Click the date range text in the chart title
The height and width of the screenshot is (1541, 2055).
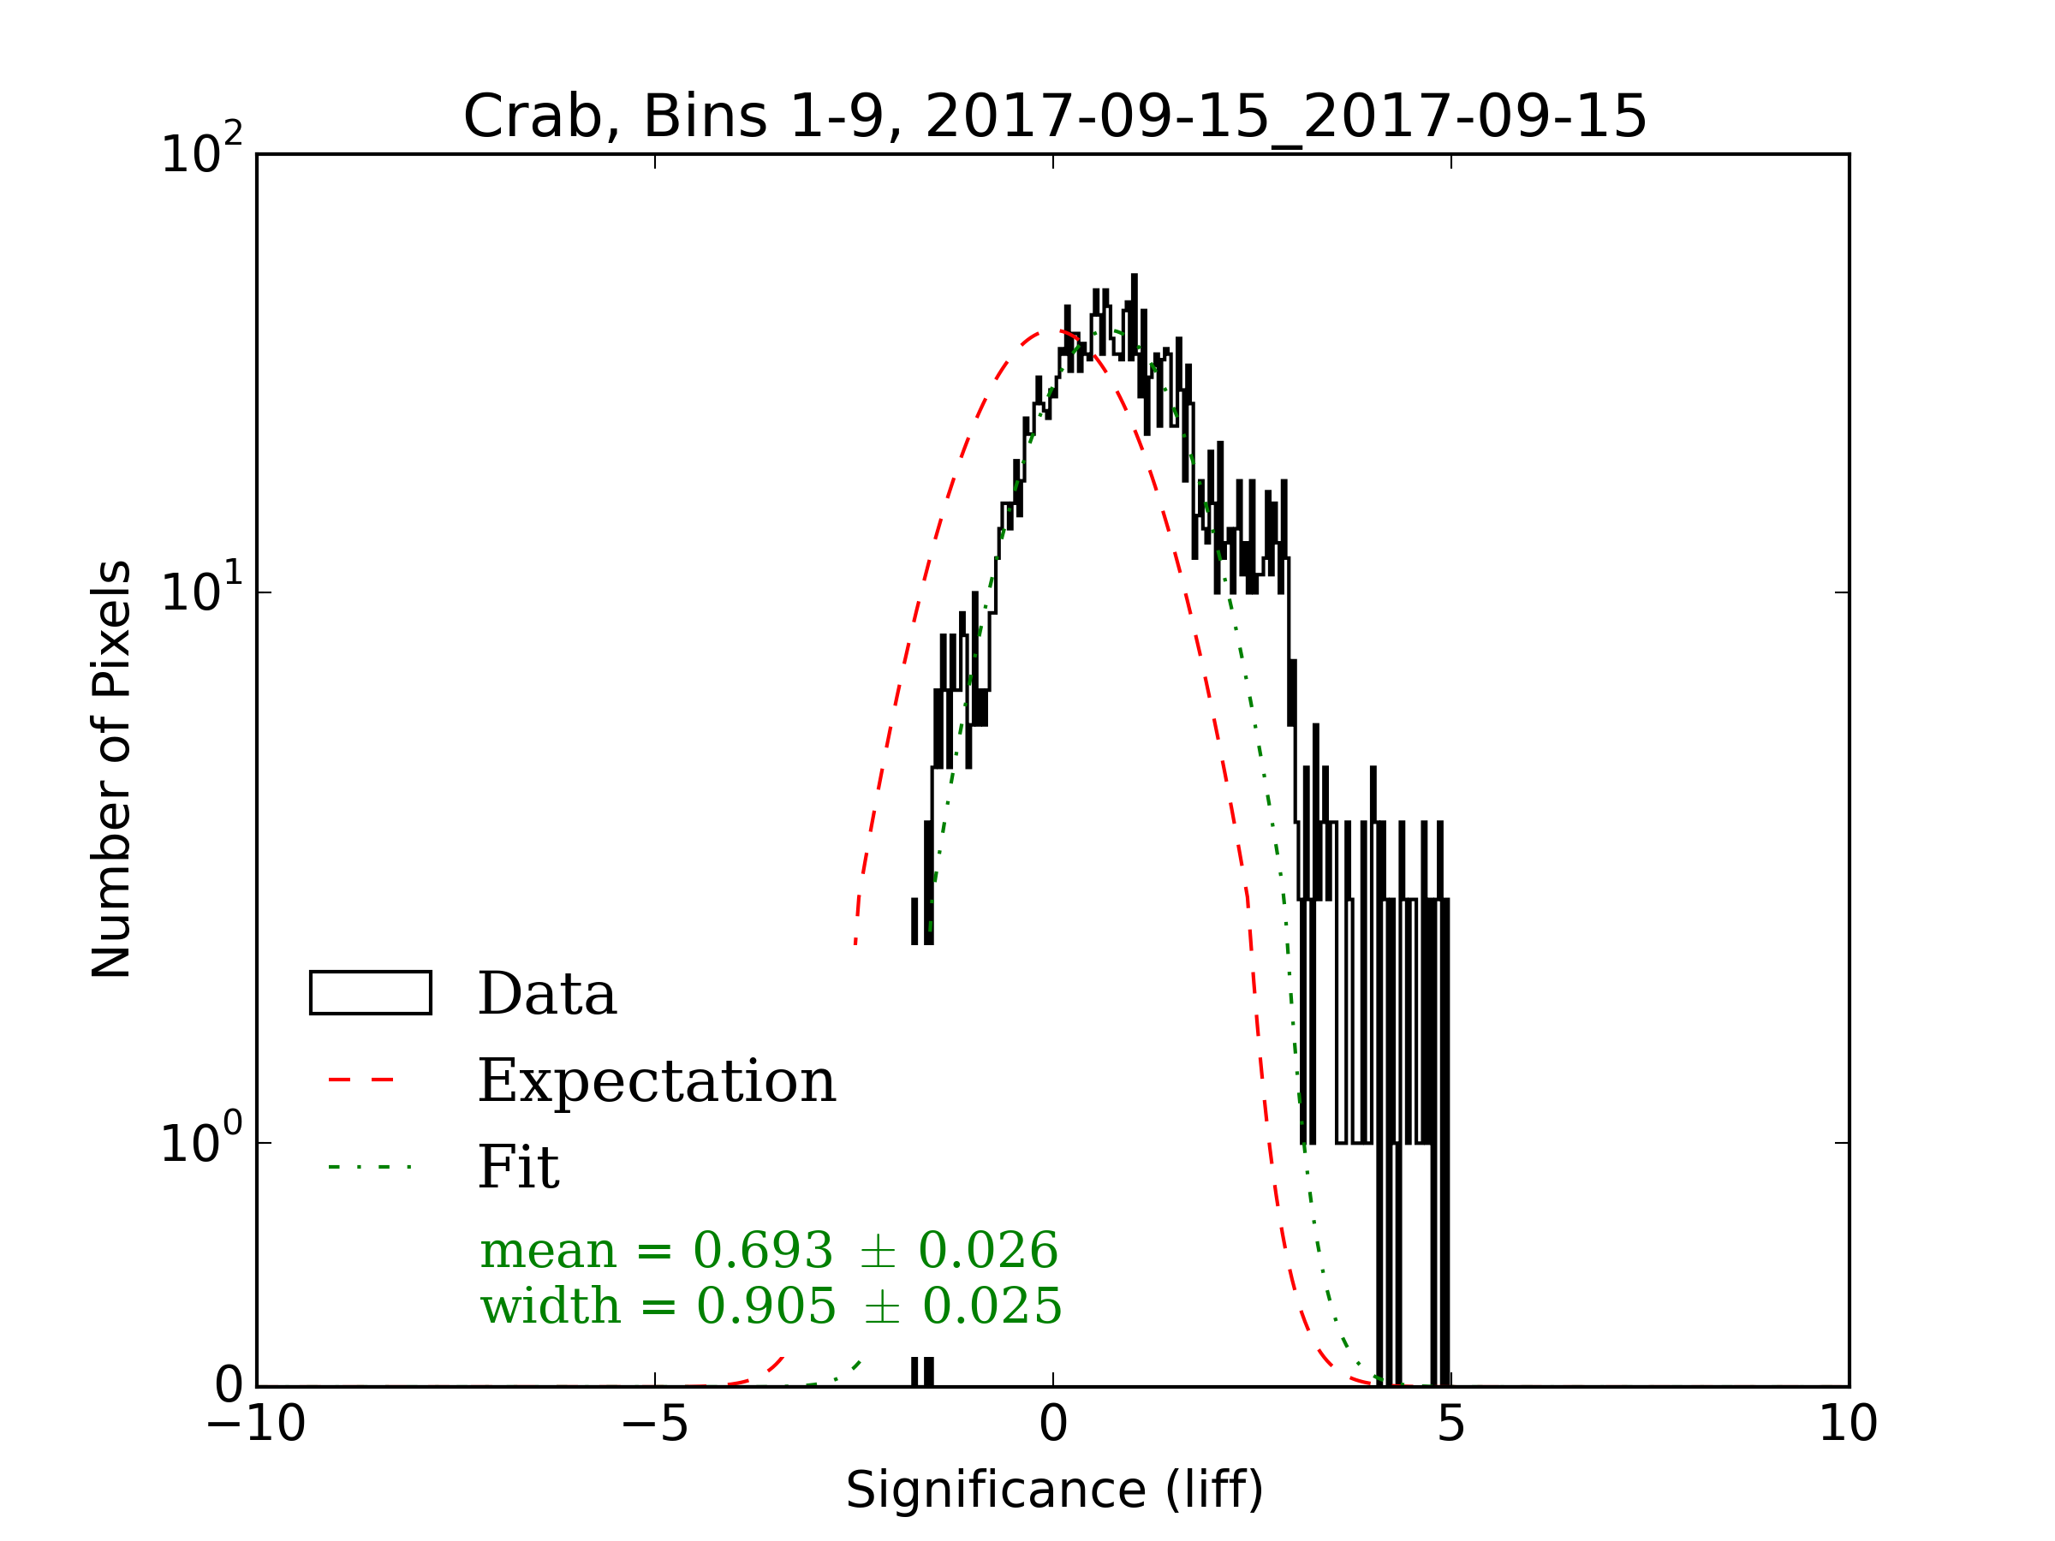(x=1286, y=118)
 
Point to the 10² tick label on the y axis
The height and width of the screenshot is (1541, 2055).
(x=200, y=152)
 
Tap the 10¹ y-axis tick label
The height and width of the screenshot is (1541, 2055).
(x=200, y=591)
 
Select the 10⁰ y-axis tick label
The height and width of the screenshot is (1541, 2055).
(x=200, y=1141)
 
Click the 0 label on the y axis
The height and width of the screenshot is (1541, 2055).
(x=229, y=1386)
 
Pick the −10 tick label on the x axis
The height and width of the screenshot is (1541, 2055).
(x=256, y=1424)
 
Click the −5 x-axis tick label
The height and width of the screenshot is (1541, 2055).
(x=655, y=1424)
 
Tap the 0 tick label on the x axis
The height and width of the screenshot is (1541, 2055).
(x=1052, y=1424)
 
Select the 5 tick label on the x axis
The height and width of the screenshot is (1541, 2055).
(x=1450, y=1424)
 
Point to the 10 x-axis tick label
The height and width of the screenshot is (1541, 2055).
(x=1848, y=1424)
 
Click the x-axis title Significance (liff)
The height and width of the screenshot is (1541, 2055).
(x=1054, y=1490)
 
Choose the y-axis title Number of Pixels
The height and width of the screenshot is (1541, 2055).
(x=111, y=768)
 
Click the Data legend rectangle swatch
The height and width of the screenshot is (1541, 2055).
(x=370, y=992)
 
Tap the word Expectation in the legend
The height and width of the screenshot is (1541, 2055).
(x=657, y=1080)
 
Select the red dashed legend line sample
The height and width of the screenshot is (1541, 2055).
(x=362, y=1080)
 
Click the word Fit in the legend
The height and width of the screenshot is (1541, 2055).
(x=518, y=1167)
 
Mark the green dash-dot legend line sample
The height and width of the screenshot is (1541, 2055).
(x=369, y=1167)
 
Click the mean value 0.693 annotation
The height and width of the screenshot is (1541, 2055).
(x=763, y=1250)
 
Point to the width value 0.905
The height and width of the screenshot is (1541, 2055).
(x=765, y=1307)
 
